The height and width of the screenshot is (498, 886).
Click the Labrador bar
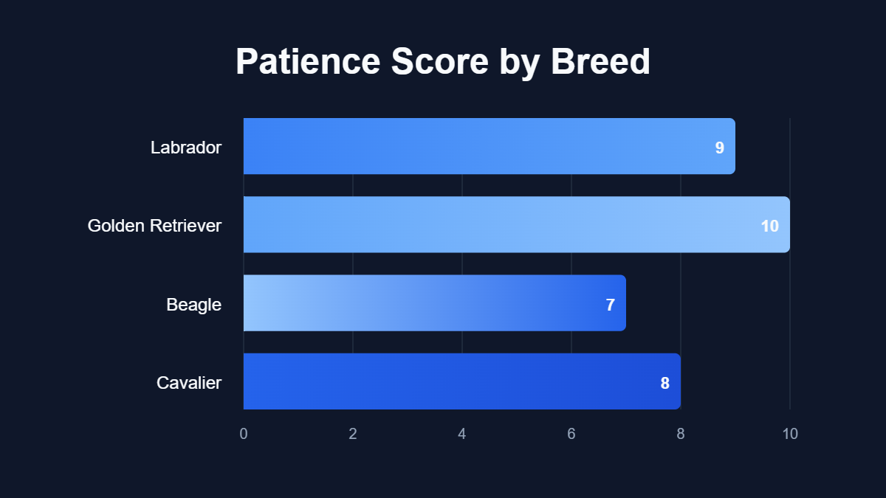click(489, 146)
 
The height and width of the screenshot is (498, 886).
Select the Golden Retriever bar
click(516, 224)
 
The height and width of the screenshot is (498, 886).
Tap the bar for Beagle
click(434, 302)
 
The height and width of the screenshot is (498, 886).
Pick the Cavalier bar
click(461, 381)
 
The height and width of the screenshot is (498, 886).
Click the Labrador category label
click(186, 148)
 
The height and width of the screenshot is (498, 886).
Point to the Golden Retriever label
click(154, 226)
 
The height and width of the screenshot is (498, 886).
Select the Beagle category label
click(193, 304)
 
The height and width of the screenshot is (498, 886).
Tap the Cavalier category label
click(189, 383)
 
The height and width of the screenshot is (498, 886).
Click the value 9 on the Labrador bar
click(719, 148)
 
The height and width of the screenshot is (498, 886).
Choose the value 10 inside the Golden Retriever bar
click(769, 226)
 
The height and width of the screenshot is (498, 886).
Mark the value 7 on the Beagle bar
click(610, 305)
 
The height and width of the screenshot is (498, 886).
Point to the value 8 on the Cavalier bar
click(664, 383)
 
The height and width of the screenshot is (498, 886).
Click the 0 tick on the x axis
click(244, 434)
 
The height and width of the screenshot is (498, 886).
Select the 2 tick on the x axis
click(353, 434)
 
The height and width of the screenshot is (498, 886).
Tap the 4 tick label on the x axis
click(462, 434)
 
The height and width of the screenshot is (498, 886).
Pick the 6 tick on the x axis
click(571, 434)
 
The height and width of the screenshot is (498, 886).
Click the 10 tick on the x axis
click(790, 434)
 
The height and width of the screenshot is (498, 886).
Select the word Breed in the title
click(600, 62)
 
